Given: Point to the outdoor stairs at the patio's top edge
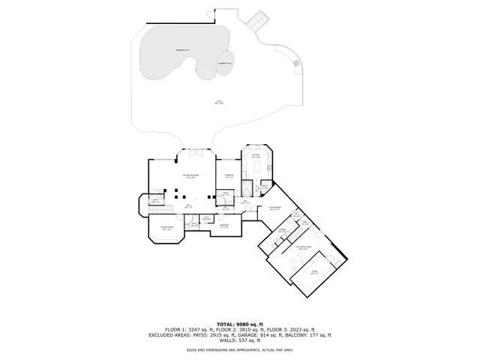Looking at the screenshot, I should (257, 19).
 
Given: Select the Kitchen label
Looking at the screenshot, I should (256, 156).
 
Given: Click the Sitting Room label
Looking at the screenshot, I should (274, 208).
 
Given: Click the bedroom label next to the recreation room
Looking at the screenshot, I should (228, 176).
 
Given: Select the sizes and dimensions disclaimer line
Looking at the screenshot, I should (239, 350).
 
